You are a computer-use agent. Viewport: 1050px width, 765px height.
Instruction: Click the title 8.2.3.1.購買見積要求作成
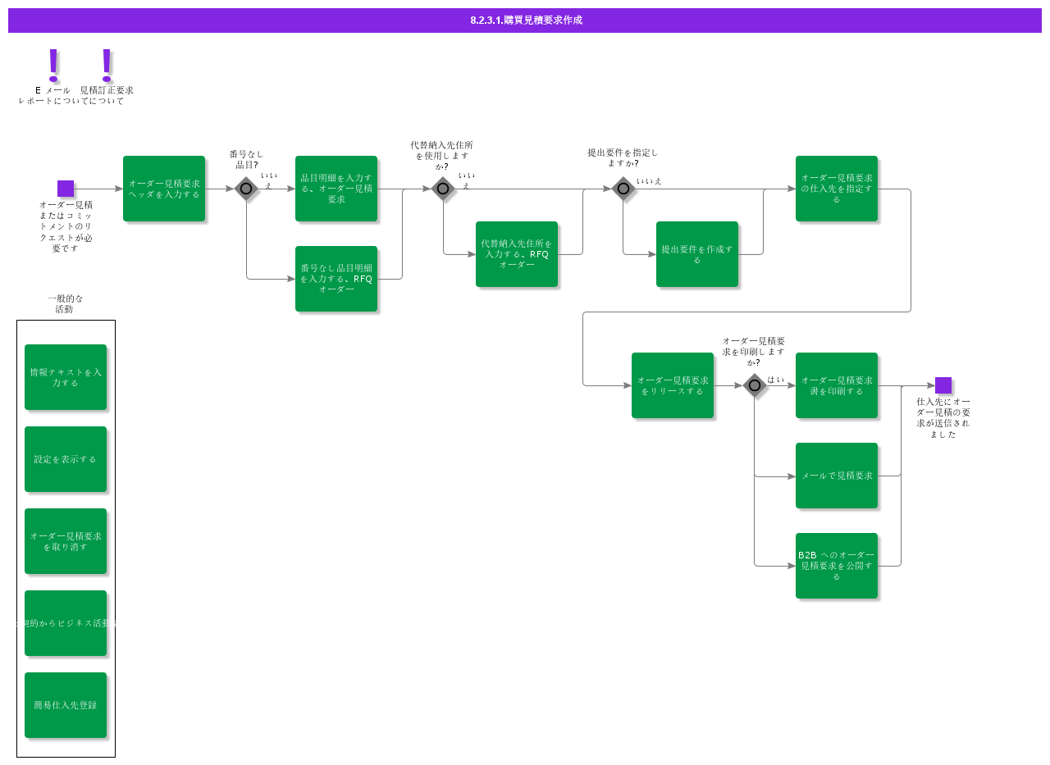[526, 20]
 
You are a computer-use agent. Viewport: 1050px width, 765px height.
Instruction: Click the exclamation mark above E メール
[54, 65]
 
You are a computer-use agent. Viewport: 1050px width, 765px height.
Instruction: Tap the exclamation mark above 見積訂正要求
[107, 65]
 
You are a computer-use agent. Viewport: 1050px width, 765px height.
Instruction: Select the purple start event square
[66, 189]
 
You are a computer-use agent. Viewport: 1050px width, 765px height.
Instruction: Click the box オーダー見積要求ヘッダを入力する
[164, 189]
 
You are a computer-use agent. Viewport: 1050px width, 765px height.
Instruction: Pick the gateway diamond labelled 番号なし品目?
[246, 189]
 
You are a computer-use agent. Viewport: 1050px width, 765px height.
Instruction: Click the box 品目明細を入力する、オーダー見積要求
[336, 189]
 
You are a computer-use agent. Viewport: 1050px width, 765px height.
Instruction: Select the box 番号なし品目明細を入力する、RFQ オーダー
[336, 279]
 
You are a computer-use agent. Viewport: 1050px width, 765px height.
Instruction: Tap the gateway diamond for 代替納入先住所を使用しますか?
[443, 189]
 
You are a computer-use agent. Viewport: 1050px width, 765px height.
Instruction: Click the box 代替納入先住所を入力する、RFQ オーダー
[517, 254]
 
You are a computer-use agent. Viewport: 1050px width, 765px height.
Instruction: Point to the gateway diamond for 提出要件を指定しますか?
[623, 189]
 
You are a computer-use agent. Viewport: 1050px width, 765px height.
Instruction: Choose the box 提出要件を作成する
[697, 254]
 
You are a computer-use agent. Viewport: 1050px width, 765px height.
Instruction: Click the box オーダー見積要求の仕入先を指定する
[837, 189]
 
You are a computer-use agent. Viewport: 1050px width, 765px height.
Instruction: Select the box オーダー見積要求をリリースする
[673, 385]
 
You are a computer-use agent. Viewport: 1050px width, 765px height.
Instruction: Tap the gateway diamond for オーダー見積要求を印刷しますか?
[755, 385]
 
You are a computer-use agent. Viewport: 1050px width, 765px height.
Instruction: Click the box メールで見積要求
[837, 476]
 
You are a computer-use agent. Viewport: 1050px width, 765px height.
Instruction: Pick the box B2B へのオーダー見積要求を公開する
[837, 566]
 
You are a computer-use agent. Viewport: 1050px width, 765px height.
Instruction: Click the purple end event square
[943, 385]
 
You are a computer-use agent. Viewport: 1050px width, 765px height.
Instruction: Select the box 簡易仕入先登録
[66, 705]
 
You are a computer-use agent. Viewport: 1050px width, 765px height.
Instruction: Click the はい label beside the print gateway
[776, 380]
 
